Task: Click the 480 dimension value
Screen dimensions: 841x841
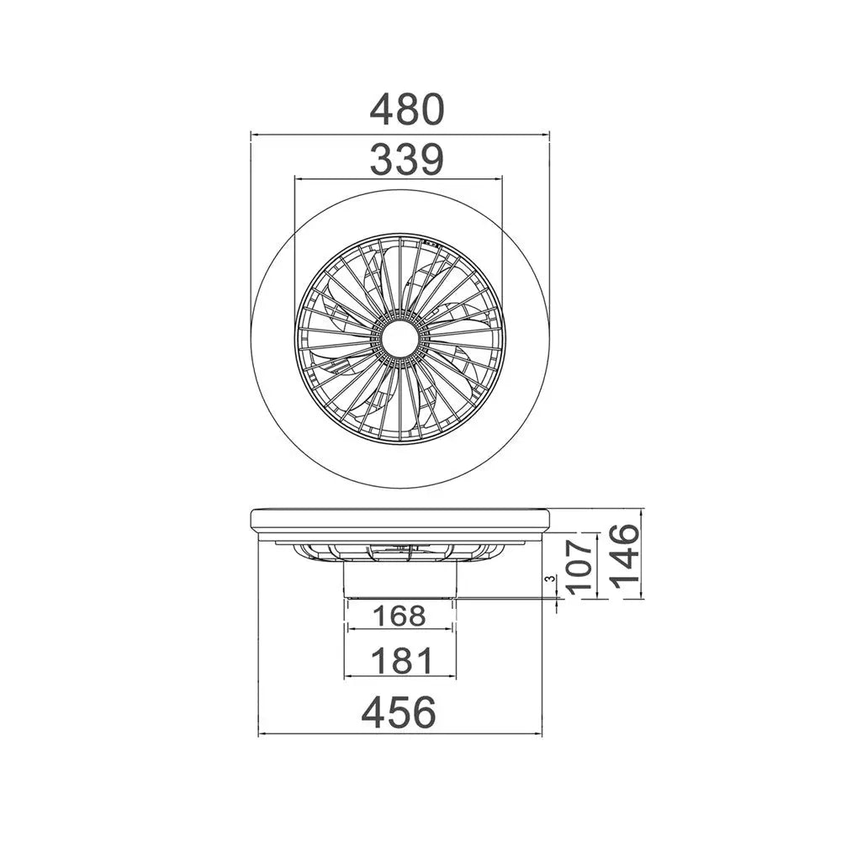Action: pyautogui.click(x=407, y=109)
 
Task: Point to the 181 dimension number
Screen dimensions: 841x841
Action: pyautogui.click(x=399, y=661)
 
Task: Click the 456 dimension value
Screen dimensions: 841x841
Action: pyautogui.click(x=399, y=713)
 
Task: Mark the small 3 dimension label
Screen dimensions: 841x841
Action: pyautogui.click(x=549, y=579)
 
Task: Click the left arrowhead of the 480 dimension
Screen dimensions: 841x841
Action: pyautogui.click(x=256, y=133)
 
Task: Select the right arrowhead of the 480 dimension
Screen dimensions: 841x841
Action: pyautogui.click(x=545, y=133)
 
